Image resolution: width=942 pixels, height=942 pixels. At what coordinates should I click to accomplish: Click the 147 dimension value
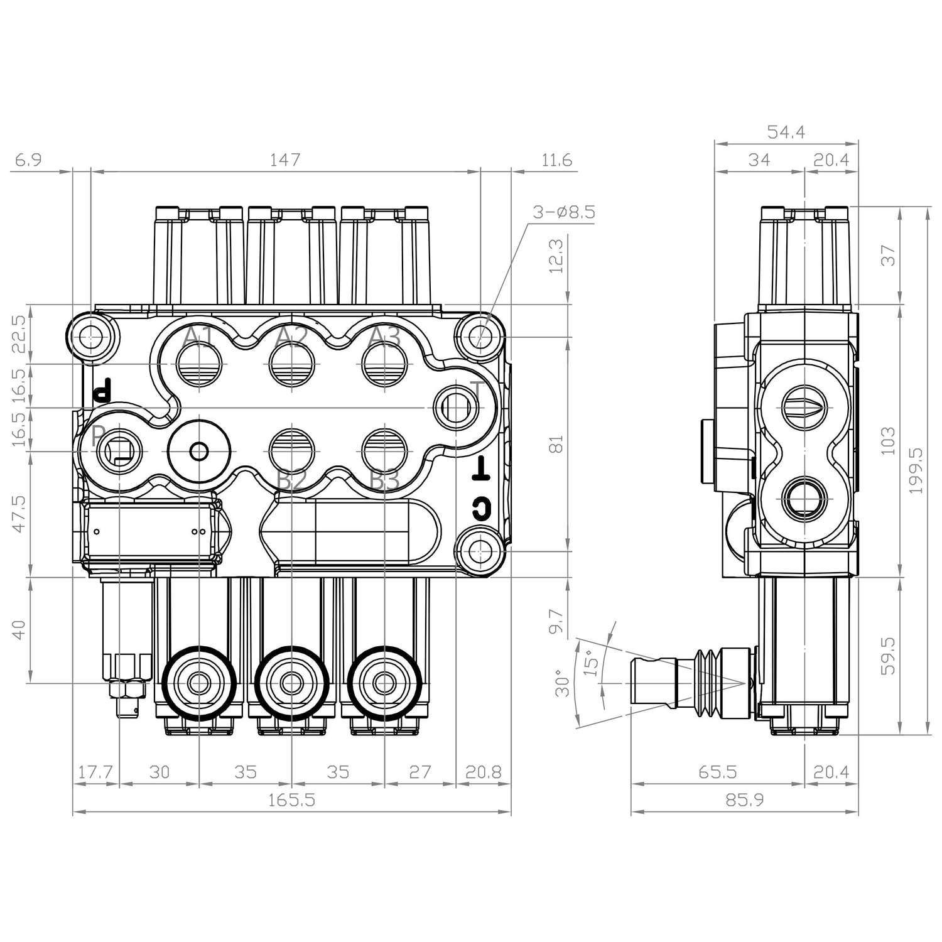coord(285,160)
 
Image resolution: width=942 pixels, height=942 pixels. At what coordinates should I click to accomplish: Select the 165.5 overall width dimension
coord(292,800)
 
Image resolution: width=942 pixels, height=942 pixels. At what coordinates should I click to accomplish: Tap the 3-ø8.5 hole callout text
coord(563,212)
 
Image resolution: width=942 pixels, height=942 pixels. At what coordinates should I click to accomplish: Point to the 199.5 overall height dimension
coord(916,470)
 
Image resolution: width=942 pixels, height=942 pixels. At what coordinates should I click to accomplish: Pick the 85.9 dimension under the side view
coord(745,800)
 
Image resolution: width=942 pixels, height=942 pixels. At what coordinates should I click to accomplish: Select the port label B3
coord(384,482)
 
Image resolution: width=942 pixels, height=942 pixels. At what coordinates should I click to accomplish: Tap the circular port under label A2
coord(292,365)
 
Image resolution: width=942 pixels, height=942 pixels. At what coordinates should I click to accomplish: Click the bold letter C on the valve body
coord(480,509)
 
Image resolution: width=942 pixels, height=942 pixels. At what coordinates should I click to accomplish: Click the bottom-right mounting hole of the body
coord(480,551)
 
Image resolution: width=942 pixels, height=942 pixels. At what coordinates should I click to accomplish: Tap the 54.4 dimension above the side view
coord(786,132)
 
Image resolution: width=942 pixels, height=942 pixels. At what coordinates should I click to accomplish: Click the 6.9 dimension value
coord(28,160)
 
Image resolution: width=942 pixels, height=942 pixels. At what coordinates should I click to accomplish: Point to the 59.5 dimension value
coord(889,656)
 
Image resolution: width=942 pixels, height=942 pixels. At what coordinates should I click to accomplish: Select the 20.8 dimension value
coord(483,772)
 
